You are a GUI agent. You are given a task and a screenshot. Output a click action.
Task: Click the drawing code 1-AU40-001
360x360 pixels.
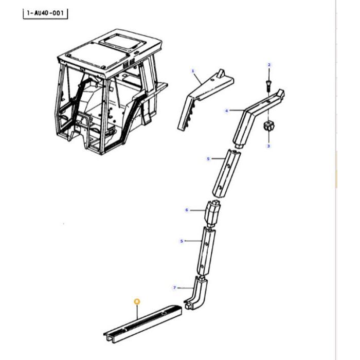pyautogui.click(x=45, y=13)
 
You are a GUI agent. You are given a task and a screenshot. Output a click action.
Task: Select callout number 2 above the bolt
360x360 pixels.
pyautogui.click(x=268, y=65)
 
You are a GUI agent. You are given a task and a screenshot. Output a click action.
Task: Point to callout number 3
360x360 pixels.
pyautogui.click(x=268, y=147)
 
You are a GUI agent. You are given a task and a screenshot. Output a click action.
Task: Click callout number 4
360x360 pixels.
pyautogui.click(x=226, y=111)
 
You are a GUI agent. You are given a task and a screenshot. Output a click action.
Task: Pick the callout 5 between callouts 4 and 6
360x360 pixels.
pyautogui.click(x=208, y=159)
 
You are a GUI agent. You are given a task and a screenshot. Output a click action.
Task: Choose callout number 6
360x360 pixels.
pyautogui.click(x=187, y=210)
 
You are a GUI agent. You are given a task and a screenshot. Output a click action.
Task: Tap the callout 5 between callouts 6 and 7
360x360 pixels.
pyautogui.click(x=182, y=241)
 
